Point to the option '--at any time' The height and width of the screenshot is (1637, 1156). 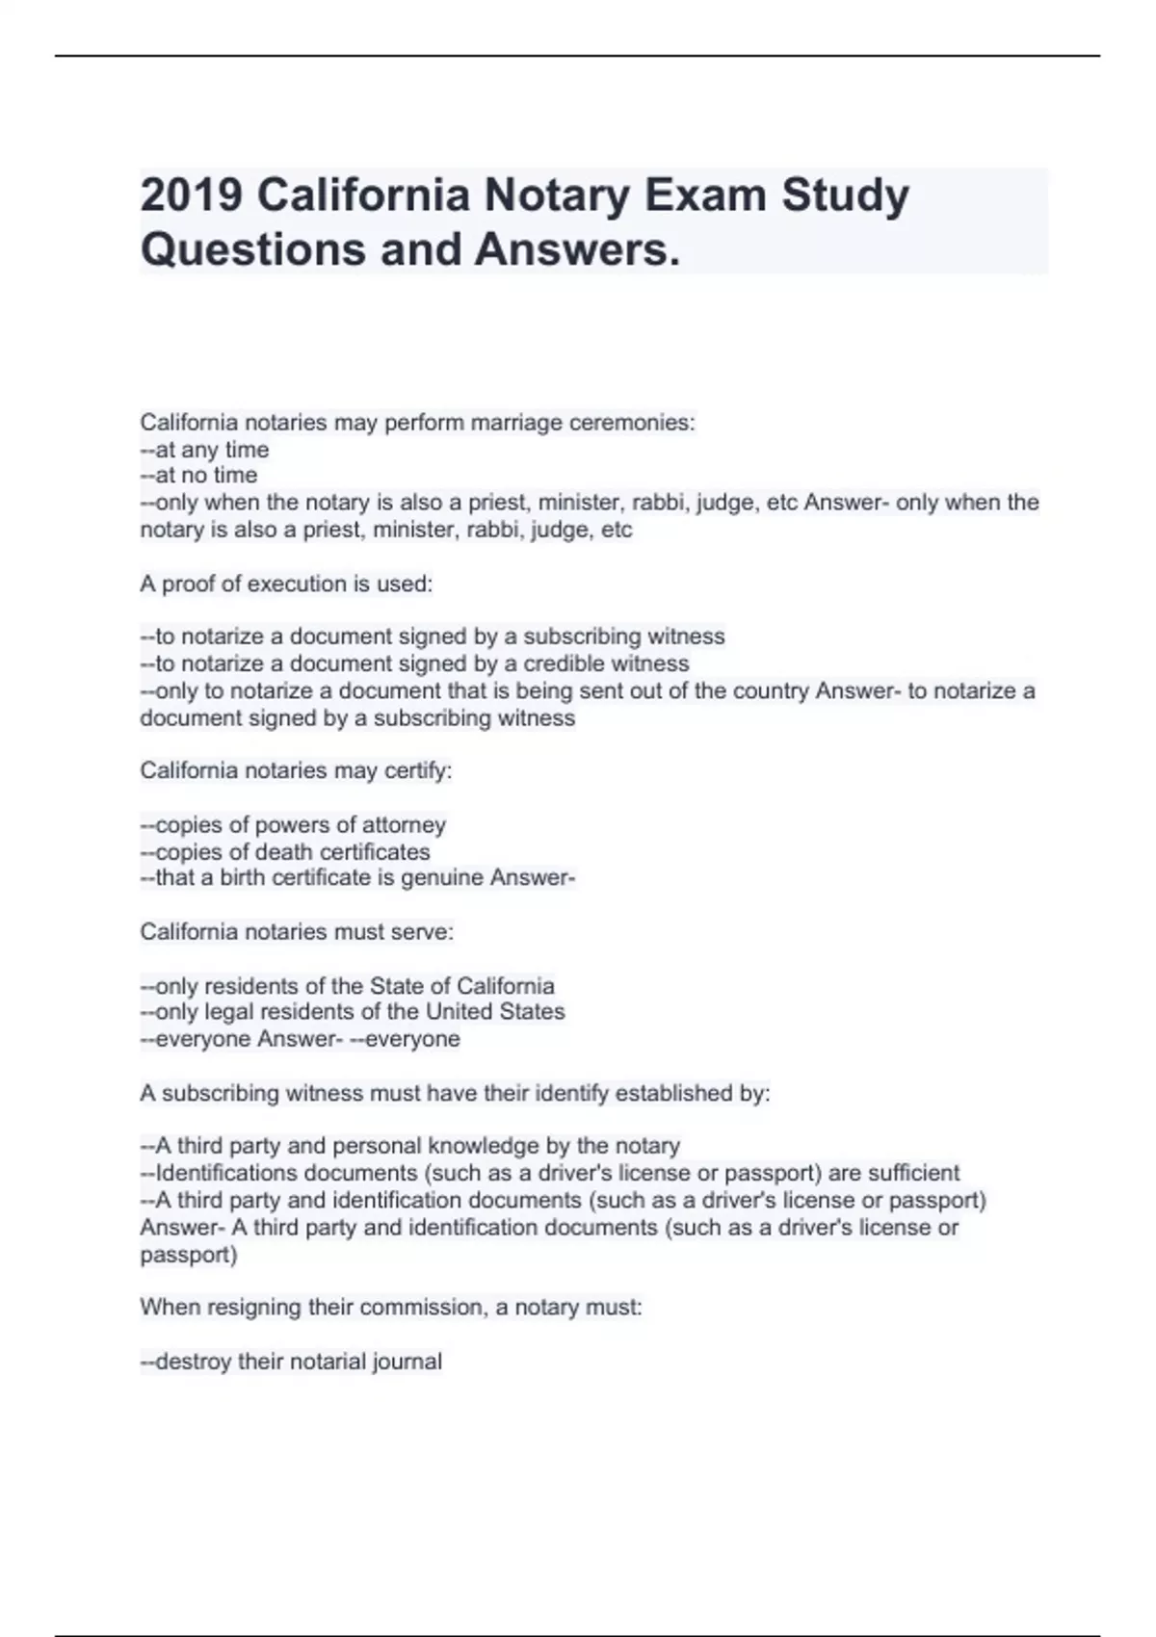[204, 450]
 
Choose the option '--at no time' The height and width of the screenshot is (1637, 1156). [198, 476]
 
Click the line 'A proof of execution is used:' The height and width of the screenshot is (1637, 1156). [286, 584]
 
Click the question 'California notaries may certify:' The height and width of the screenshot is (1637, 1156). [296, 770]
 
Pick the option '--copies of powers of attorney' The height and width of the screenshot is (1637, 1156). [293, 825]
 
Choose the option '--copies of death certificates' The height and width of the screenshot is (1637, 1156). [285, 852]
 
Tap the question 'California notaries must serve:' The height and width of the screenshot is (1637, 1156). [297, 932]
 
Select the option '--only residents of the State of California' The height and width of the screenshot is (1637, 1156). [347, 986]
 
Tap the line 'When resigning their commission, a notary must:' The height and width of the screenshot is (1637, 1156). [390, 1308]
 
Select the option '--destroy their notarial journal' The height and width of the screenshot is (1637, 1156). [291, 1362]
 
